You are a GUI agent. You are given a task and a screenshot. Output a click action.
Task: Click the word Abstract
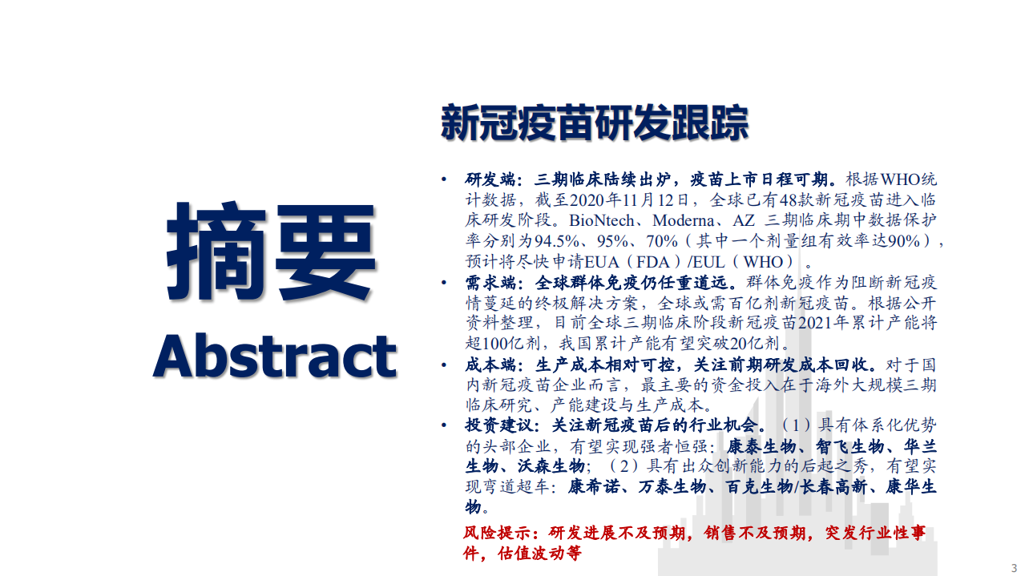(x=274, y=356)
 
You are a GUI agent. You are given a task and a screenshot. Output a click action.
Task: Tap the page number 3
(x=1013, y=568)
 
